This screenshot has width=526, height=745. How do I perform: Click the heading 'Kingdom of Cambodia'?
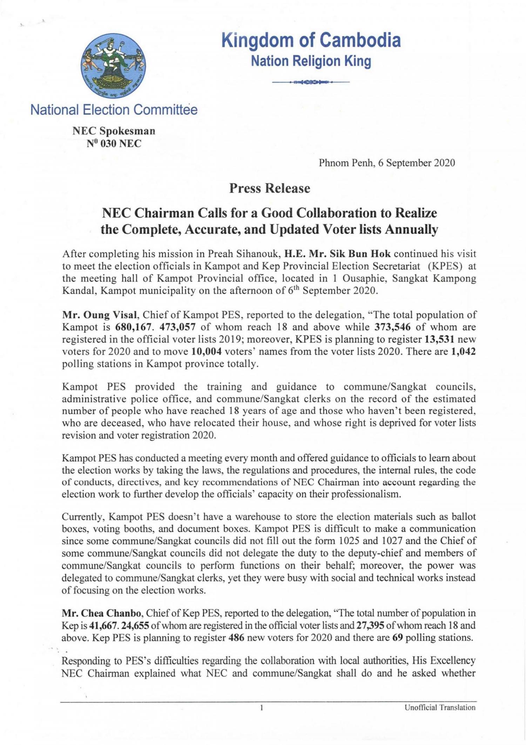pos(311,40)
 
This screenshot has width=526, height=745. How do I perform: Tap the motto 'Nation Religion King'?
pos(311,61)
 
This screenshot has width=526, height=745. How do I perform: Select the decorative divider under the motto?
pos(311,82)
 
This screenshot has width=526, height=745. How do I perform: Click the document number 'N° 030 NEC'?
pos(114,144)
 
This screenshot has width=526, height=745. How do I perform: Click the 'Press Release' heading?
pos(270,188)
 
